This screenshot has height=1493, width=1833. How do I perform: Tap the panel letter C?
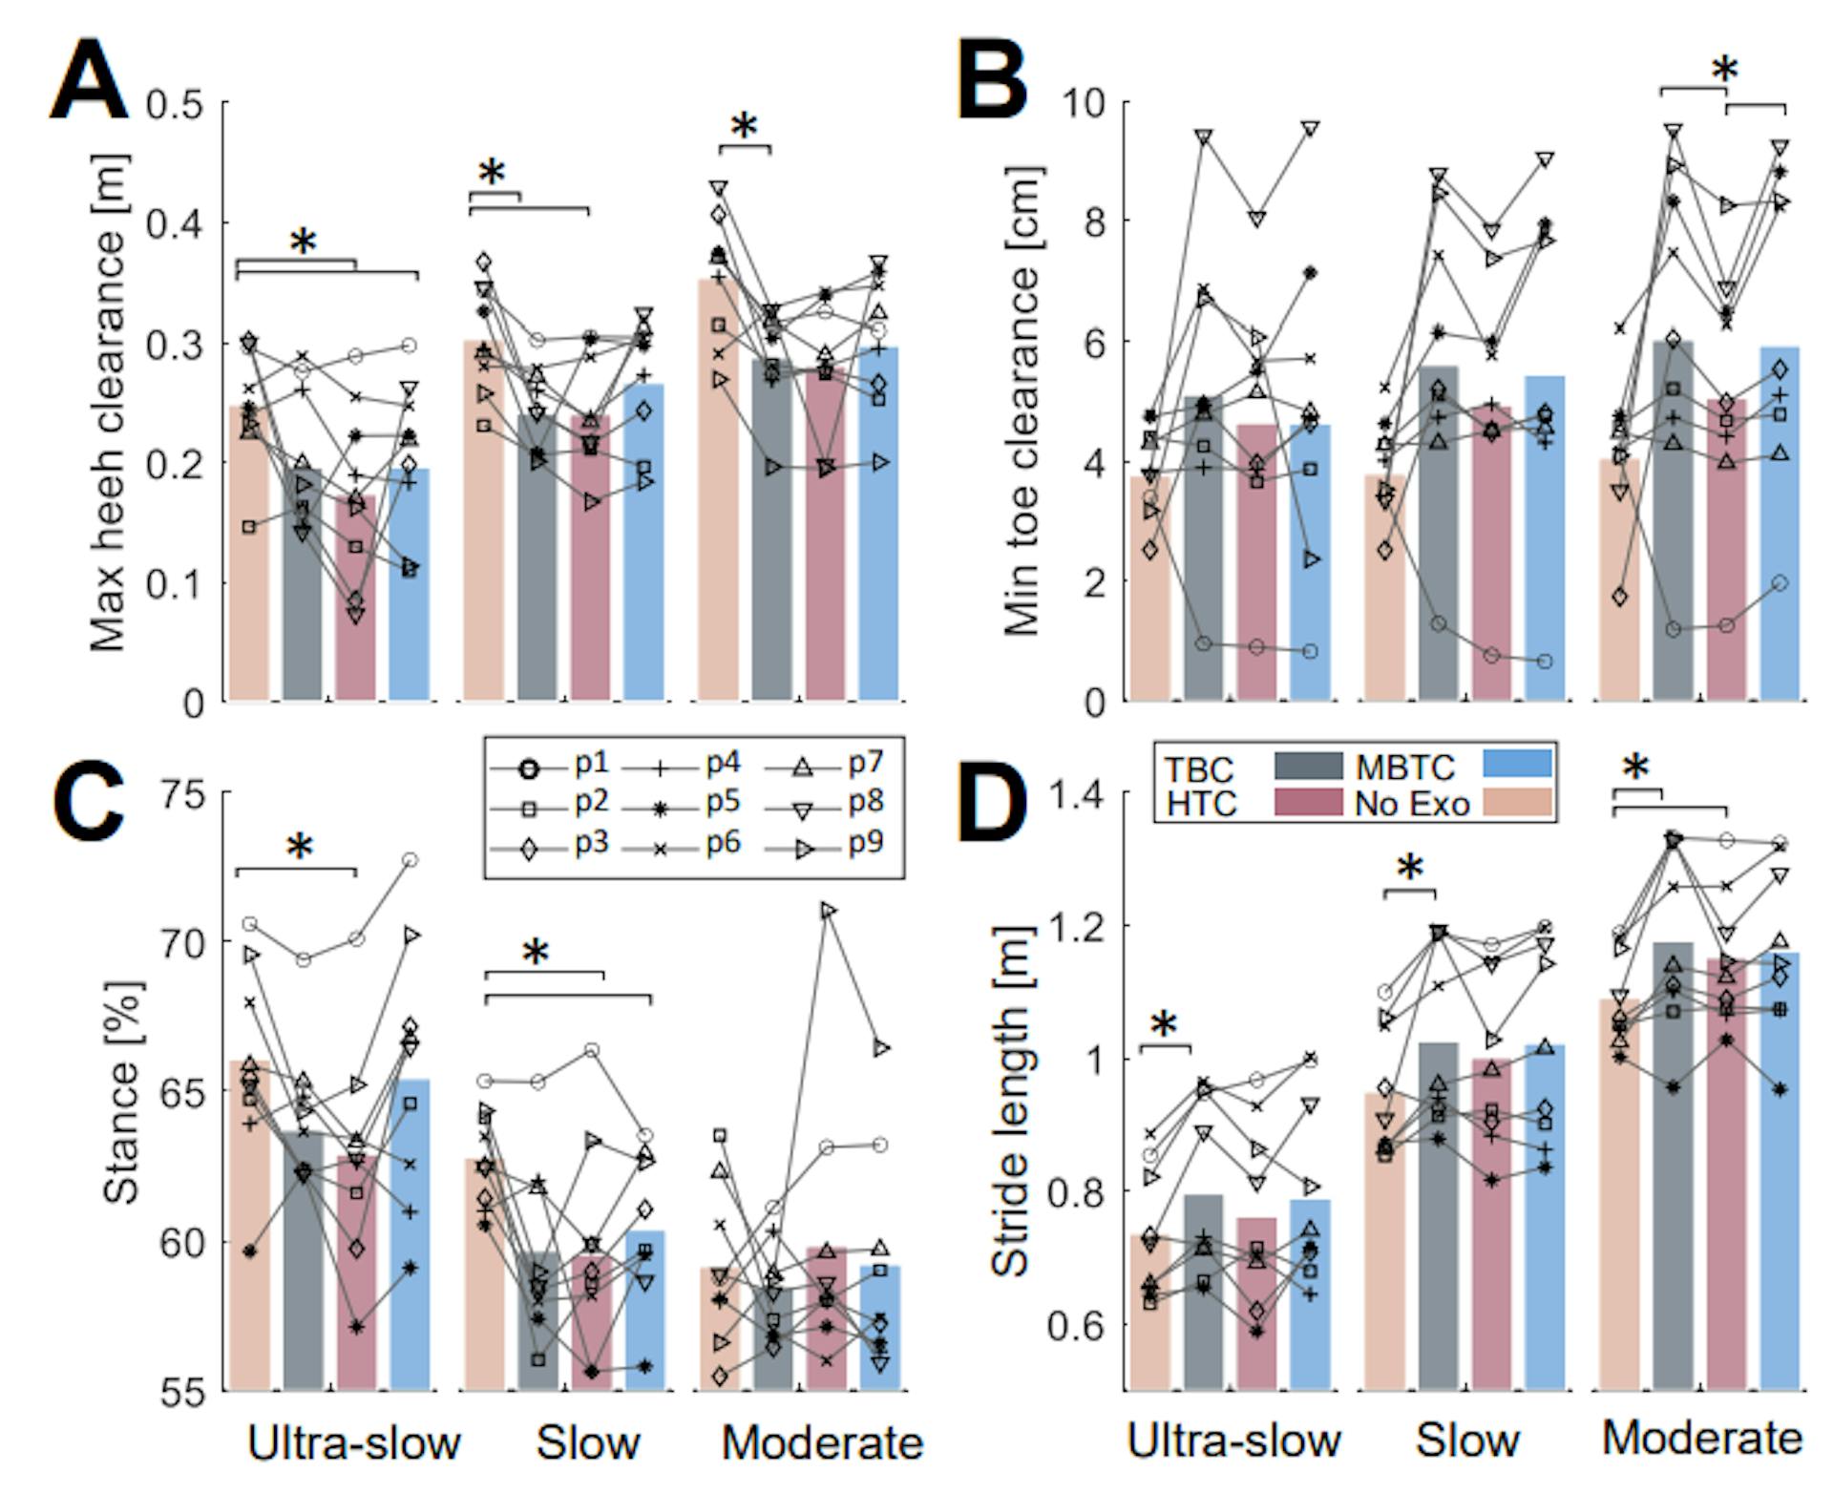89,806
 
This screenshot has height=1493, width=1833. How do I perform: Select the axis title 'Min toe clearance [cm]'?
1022,401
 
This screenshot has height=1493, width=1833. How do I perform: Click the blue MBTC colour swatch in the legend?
1517,764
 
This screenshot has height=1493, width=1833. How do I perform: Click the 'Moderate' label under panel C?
822,1442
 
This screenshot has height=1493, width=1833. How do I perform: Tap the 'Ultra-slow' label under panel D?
1233,1440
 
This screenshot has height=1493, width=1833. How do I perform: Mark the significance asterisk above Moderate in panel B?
1724,70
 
